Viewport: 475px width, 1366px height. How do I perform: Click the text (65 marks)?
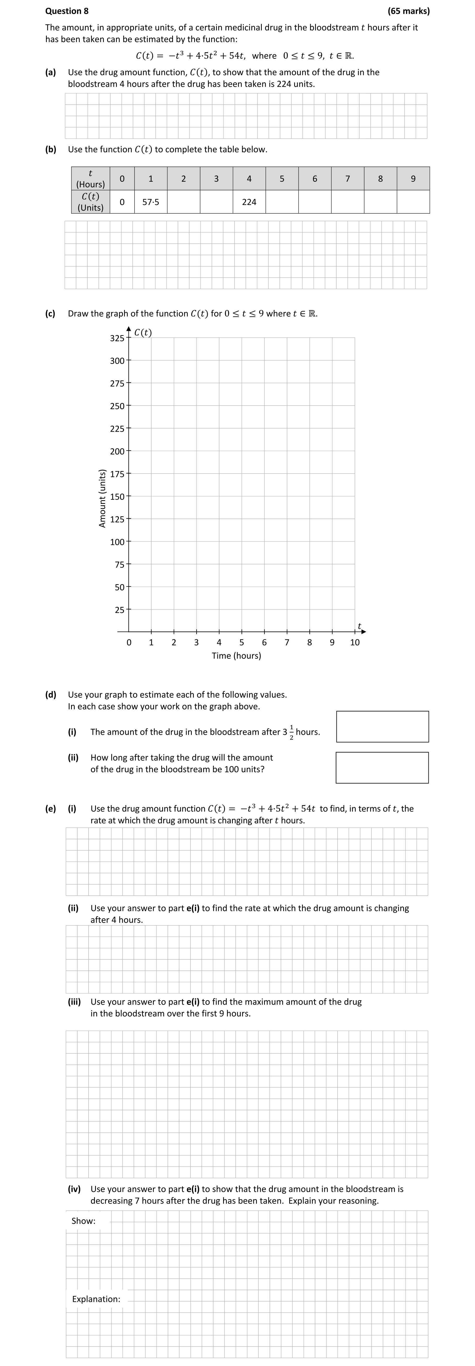408,11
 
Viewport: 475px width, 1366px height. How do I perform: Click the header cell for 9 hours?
413,179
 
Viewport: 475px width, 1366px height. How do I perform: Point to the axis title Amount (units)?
102,498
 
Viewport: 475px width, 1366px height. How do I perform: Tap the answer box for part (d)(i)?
382,726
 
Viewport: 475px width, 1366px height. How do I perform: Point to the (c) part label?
50,314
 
